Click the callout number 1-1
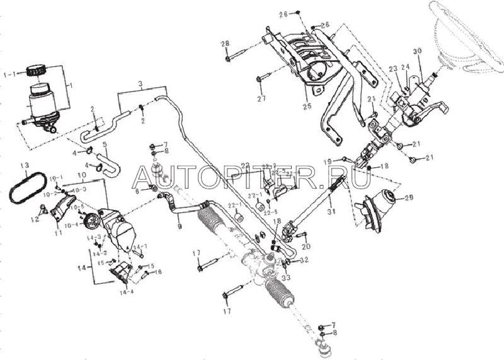10,73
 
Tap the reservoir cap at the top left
39,70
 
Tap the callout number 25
307,105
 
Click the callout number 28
225,43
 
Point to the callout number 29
408,198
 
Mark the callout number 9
180,225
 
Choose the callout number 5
105,152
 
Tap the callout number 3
140,84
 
